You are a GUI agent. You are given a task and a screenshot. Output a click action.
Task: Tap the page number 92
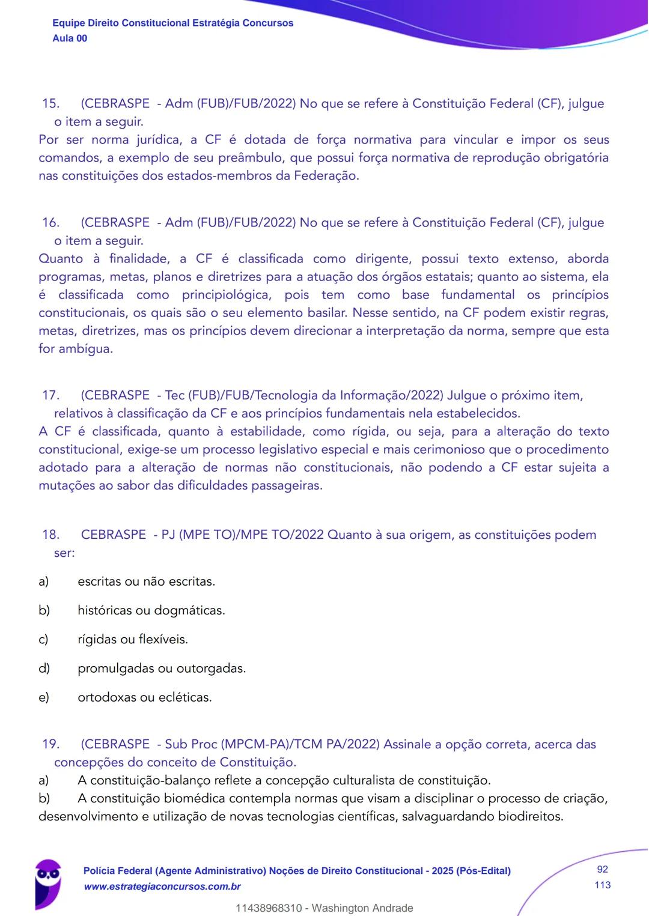602,870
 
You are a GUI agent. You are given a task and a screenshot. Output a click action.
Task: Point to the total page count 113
602,885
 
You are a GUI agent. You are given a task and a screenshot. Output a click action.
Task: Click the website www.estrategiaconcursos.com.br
162,887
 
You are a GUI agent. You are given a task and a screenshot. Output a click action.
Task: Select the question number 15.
50,103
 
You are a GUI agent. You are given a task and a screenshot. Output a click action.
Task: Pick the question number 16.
50,222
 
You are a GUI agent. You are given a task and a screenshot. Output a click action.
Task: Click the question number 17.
50,395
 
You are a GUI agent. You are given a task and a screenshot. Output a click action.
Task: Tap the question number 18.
50,535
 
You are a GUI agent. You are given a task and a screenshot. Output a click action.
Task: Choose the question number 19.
50,744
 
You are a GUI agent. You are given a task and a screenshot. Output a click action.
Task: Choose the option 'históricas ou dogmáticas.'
151,611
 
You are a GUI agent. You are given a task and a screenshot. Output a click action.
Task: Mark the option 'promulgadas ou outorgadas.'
162,669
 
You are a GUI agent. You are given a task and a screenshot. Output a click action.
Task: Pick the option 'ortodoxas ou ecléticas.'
144,697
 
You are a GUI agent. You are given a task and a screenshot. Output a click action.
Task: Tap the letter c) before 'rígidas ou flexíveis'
43,640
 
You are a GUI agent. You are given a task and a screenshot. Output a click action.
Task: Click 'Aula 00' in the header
70,38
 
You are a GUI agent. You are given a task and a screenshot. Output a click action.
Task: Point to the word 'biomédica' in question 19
195,799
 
